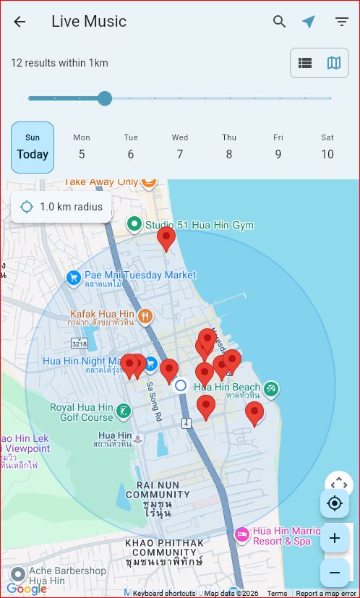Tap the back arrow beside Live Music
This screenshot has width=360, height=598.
click(20, 22)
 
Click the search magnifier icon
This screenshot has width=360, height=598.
click(280, 22)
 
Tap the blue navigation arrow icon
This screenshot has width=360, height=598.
click(309, 22)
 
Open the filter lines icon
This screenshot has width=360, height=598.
click(342, 22)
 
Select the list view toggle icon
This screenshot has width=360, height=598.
click(305, 63)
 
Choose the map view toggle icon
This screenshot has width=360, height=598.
click(334, 63)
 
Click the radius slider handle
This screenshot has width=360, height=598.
click(105, 98)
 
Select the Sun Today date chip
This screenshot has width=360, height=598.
click(33, 148)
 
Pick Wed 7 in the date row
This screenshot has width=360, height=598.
click(180, 148)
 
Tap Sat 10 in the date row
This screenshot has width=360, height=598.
click(327, 148)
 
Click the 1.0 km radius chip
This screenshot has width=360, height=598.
click(61, 208)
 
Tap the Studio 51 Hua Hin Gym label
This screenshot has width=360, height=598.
click(199, 225)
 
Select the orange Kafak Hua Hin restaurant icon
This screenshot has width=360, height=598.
click(145, 316)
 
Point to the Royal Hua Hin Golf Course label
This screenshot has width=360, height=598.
click(82, 412)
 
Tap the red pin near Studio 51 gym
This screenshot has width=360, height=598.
click(166, 237)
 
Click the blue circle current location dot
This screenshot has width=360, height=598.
click(181, 385)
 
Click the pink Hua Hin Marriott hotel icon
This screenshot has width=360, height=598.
click(242, 535)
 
